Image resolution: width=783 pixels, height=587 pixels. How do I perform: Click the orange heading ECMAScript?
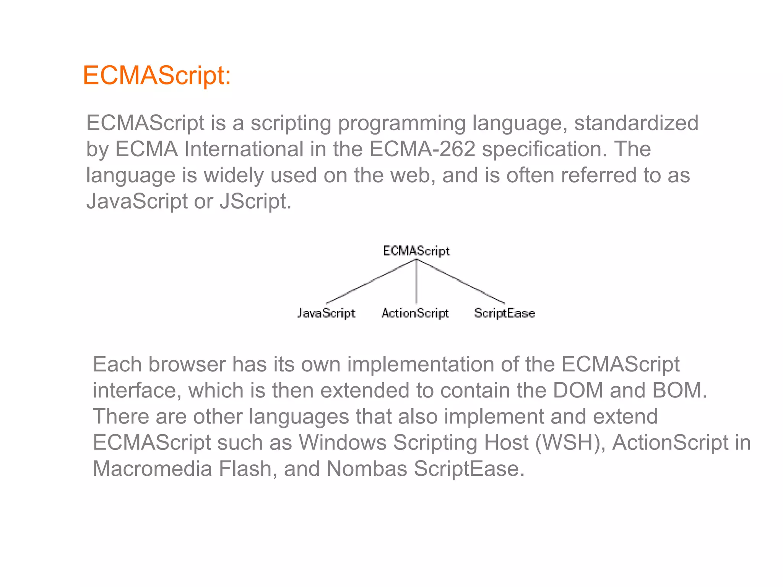point(157,75)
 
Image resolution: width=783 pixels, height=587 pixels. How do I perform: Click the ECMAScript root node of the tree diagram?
point(416,251)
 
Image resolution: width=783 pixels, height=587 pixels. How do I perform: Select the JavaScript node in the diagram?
point(326,313)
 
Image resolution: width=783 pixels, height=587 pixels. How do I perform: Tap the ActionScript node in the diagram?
point(415,313)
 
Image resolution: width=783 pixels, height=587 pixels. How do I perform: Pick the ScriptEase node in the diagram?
point(505,313)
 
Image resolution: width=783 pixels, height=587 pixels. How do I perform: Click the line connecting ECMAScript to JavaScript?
point(371,281)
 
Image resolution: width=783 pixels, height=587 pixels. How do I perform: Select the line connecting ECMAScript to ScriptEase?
point(460,282)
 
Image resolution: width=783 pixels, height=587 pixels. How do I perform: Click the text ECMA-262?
point(422,149)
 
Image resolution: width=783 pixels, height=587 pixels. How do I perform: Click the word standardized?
point(636,123)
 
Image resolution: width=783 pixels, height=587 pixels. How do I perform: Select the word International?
point(244,149)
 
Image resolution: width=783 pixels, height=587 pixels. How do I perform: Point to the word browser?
point(187,364)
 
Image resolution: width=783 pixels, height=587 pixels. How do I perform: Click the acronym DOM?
point(578,390)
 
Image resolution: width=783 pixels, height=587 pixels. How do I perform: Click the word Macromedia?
point(152,469)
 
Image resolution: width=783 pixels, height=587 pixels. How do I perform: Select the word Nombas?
point(367,469)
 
